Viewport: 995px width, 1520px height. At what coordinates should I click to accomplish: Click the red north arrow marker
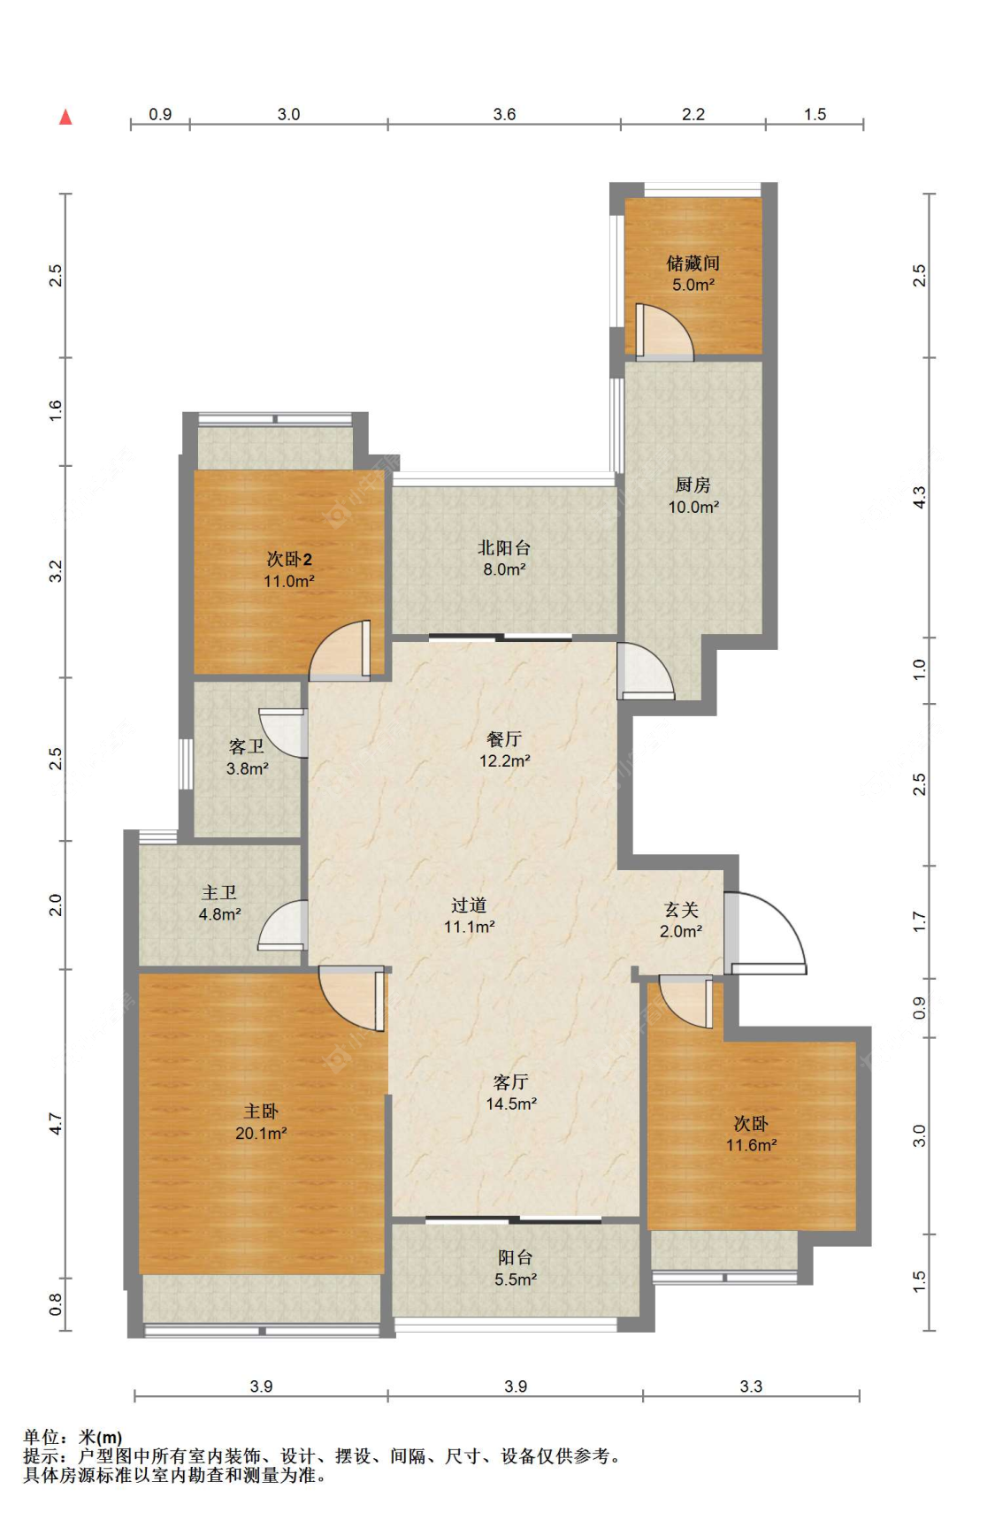click(65, 117)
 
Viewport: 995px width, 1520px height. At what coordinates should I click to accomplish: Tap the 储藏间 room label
click(693, 263)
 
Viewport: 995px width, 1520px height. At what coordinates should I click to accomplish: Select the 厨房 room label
click(693, 485)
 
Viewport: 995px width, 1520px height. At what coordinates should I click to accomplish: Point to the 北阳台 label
click(504, 547)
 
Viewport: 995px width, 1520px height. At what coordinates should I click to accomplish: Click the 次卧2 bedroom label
click(289, 559)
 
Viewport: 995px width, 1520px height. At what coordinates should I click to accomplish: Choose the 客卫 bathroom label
click(247, 746)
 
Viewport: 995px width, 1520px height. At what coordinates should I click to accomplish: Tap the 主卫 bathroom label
click(219, 892)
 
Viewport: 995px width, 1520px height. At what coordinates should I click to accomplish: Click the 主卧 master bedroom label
click(261, 1111)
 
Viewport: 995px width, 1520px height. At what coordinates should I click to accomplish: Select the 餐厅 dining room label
click(504, 738)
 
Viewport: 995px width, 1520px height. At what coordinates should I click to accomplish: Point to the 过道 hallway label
click(469, 905)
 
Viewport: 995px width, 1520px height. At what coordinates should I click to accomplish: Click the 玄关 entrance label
click(681, 909)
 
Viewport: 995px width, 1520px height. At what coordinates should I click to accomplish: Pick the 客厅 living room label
click(511, 1081)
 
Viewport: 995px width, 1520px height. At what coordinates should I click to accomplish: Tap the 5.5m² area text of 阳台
click(516, 1279)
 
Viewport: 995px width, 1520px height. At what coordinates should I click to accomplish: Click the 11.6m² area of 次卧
click(752, 1145)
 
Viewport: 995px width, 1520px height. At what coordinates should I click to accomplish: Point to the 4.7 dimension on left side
click(56, 1124)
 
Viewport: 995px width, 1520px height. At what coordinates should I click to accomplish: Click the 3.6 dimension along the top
click(504, 114)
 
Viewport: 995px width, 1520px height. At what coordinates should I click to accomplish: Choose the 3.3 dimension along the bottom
click(751, 1386)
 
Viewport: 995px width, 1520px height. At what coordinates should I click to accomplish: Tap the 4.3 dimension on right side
click(920, 497)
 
